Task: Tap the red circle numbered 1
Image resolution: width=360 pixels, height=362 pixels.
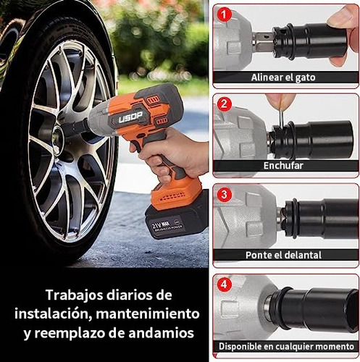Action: point(225,14)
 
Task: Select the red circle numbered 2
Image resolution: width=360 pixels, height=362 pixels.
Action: point(225,104)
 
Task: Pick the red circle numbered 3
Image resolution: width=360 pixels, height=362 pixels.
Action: point(225,194)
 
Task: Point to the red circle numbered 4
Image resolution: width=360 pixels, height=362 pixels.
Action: point(225,285)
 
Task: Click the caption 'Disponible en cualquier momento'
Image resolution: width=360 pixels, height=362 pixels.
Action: point(285,345)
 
